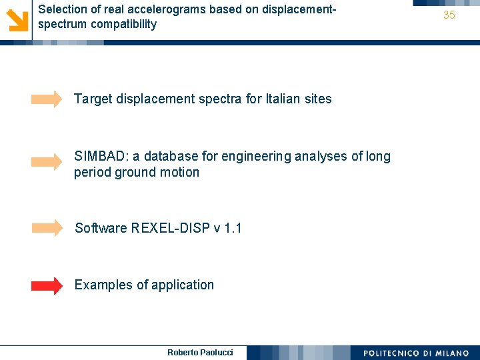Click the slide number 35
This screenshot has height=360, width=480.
pyautogui.click(x=449, y=15)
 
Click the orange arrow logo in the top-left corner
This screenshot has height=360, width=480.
pyautogui.click(x=16, y=18)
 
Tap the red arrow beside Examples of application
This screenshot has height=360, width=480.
pyautogui.click(x=47, y=286)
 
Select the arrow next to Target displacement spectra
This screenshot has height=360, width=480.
pyautogui.click(x=47, y=100)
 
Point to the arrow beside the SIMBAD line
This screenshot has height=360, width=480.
pyautogui.click(x=47, y=162)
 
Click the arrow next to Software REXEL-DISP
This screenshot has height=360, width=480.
pyautogui.click(x=47, y=228)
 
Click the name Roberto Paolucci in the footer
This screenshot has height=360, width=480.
pyautogui.click(x=200, y=352)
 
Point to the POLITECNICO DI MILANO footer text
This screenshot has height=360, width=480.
pyautogui.click(x=416, y=353)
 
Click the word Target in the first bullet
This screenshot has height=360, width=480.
pyautogui.click(x=93, y=99)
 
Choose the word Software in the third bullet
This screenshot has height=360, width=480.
pyautogui.click(x=101, y=229)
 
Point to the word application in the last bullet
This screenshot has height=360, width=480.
pyautogui.click(x=183, y=285)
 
